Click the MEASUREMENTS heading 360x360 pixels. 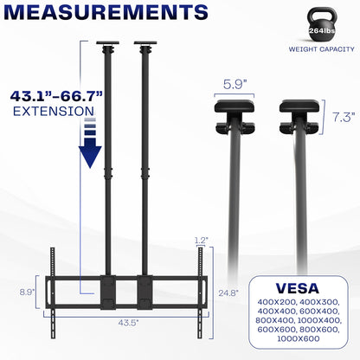(x=106, y=14)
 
